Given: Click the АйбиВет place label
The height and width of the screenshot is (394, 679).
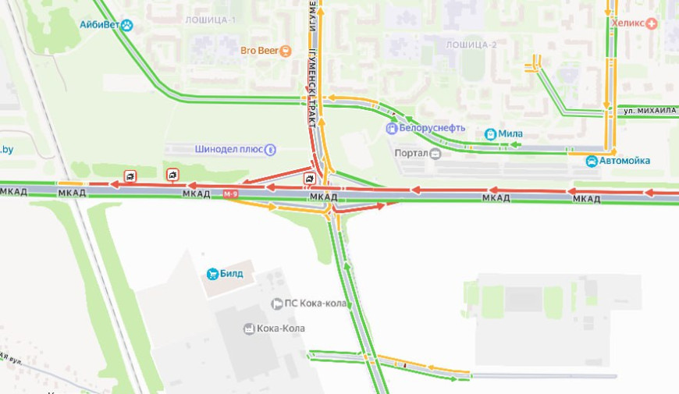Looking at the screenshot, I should point(99,25).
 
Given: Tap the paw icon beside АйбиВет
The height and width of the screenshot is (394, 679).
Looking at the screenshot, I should point(126,25).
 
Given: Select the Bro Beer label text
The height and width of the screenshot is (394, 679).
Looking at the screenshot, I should point(259,51).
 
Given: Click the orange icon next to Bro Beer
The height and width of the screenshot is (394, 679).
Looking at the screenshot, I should point(286,51).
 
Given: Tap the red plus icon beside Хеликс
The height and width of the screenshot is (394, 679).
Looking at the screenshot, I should point(652,23).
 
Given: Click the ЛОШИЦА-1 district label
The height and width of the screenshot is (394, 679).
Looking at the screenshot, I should point(210,20).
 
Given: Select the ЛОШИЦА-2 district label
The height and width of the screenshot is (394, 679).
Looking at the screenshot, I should point(471,44).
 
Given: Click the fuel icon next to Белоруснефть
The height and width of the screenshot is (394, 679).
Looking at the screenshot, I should point(392,128).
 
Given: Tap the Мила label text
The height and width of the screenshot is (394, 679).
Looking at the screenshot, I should point(510,133).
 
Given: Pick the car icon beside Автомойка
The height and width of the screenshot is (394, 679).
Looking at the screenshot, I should point(592,162).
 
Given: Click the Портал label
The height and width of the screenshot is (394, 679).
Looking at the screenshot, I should point(411,153).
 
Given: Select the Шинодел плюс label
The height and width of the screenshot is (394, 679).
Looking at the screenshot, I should point(228,148).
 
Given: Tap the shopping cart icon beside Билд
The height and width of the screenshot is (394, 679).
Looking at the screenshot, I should point(212,274).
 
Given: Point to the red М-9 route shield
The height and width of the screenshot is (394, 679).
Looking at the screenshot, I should point(230,194).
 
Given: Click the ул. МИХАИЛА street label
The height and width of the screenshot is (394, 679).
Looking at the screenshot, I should point(649,111).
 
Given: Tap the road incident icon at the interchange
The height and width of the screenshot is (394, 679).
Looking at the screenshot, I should point(311,179).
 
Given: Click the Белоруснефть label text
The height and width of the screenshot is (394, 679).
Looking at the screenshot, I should point(432,128).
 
